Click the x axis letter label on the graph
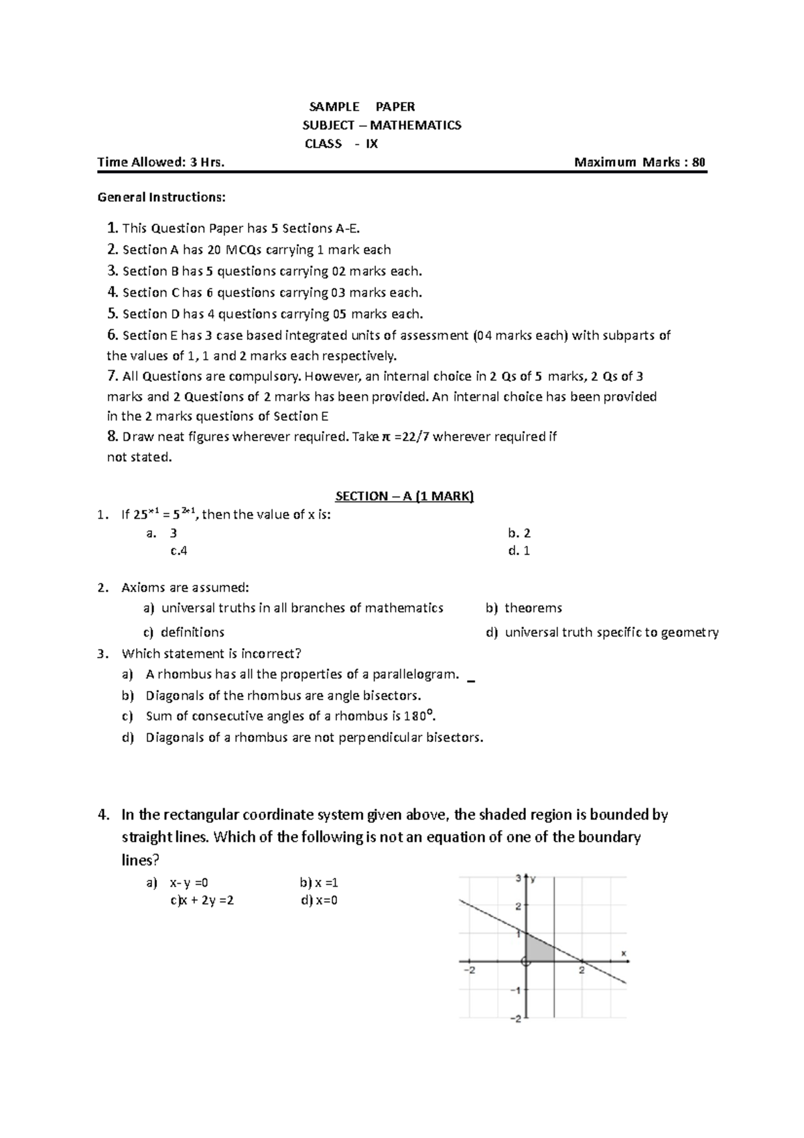tap(623, 952)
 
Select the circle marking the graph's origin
tap(526, 962)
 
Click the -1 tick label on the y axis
tap(516, 991)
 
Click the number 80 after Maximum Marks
tap(698, 162)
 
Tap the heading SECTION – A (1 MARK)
tap(404, 496)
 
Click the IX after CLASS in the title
tap(371, 143)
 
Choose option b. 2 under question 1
tap(519, 533)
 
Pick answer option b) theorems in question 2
tap(524, 608)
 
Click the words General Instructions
tap(161, 198)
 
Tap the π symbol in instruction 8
tap(385, 437)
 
